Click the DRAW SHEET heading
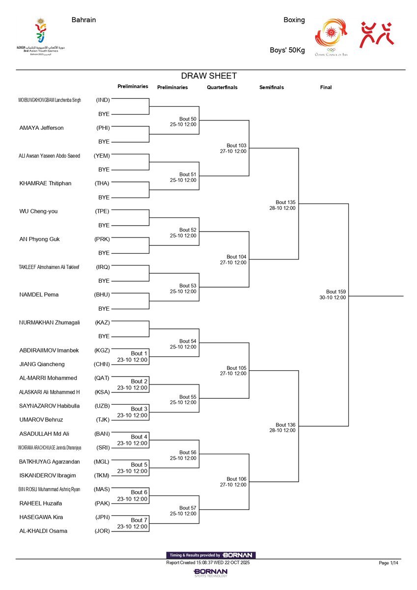[x=209, y=76]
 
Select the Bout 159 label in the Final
[x=332, y=291]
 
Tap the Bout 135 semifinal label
[x=282, y=202]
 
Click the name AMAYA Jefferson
[x=41, y=128]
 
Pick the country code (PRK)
[x=102, y=239]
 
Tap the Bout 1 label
[x=139, y=354]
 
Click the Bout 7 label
[x=139, y=520]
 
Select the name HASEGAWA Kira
[x=41, y=517]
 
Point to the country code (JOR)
[x=102, y=531]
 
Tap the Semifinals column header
[x=272, y=88]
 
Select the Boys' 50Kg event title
[x=287, y=50]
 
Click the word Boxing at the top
[x=294, y=20]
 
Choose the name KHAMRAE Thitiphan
[x=45, y=183]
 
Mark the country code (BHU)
[x=102, y=295]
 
